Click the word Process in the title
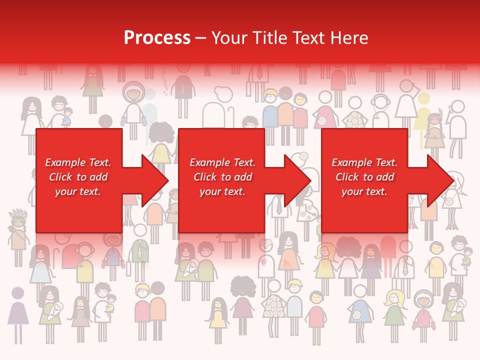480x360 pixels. [x=157, y=38]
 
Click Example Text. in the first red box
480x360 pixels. [x=78, y=162]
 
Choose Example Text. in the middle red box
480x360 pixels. [x=222, y=162]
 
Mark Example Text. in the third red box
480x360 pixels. [x=364, y=162]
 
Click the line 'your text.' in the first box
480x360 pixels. [x=78, y=191]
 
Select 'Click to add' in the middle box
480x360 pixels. [x=222, y=177]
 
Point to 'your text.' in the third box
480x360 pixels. [x=364, y=191]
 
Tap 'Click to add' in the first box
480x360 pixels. [x=78, y=177]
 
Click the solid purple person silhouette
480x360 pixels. [x=18, y=312]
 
